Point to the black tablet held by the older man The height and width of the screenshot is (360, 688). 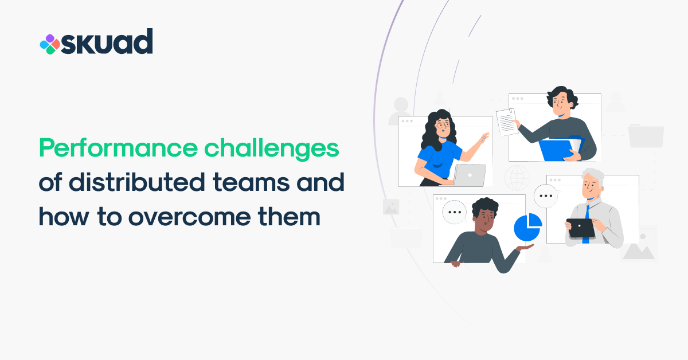pyautogui.click(x=580, y=228)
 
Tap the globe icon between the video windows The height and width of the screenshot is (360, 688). pyautogui.click(x=517, y=178)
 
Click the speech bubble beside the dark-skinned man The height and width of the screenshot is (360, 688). pyautogui.click(x=455, y=212)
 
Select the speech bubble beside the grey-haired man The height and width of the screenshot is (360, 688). pyautogui.click(x=546, y=196)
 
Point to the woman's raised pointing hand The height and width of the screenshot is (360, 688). pyautogui.click(x=484, y=138)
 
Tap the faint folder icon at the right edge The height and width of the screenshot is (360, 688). pyautogui.click(x=646, y=135)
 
